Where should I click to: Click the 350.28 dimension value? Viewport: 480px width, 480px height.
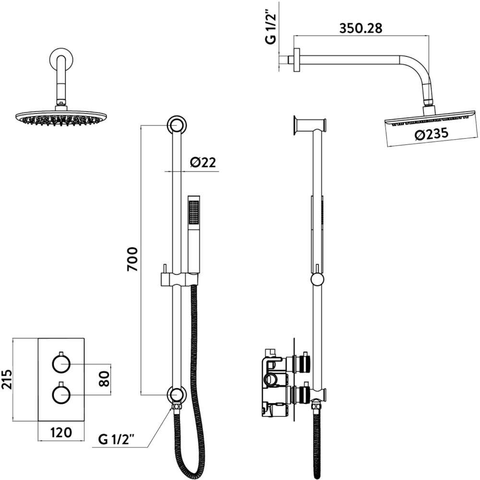point(360,28)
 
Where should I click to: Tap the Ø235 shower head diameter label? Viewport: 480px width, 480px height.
point(432,134)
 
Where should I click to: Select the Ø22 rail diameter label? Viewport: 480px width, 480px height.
point(203,162)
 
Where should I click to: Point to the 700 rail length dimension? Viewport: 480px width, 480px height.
point(132,259)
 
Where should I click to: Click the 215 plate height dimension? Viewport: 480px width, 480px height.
point(7,379)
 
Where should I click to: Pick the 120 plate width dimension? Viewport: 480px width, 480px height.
point(61,432)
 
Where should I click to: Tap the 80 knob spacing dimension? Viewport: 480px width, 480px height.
point(104,379)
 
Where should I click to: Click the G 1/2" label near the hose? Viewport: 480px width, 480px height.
point(116,439)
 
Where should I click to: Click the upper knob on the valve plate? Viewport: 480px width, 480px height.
point(61,363)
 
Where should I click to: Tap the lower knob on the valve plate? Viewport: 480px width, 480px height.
point(61,394)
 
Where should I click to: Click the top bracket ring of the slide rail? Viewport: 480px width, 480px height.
point(176,125)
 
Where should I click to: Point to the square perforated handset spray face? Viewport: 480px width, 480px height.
point(194,213)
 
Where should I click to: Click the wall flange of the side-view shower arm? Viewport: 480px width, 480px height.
point(297,60)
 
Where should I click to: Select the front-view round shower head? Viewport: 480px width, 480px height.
point(61,118)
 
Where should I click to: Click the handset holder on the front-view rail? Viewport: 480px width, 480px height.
point(180,279)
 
